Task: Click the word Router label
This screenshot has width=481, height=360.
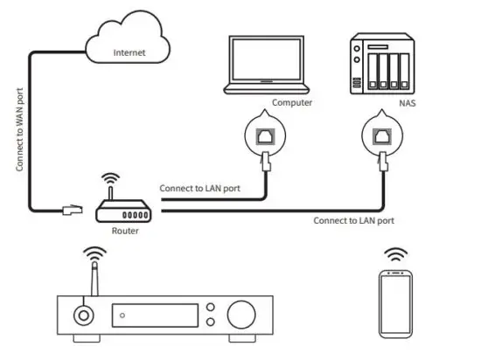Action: [x=124, y=232]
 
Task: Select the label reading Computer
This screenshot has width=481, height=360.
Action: [x=293, y=102]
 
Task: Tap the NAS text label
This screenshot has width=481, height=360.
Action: [x=408, y=102]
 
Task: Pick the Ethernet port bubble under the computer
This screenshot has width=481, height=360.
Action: [x=265, y=135]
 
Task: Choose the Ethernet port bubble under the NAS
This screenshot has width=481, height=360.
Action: [x=383, y=135]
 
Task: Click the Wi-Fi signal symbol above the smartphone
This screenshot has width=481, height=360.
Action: [x=397, y=256]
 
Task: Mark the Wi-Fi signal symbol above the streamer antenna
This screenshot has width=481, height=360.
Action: [x=95, y=256]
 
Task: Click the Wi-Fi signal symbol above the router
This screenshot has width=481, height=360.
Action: [x=110, y=179]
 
